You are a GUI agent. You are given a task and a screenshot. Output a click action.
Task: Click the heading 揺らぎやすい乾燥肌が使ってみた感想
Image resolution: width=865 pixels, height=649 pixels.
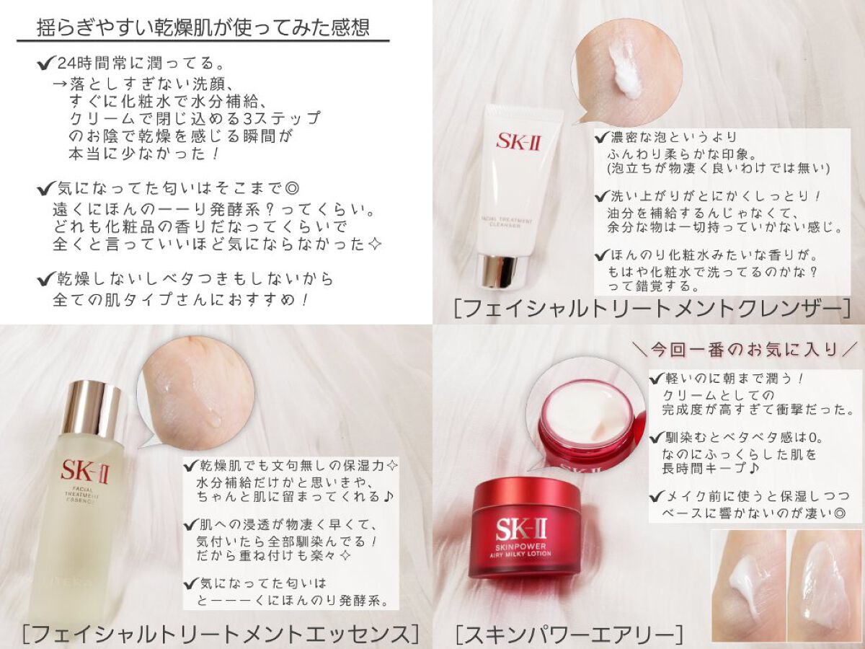pos(204,27)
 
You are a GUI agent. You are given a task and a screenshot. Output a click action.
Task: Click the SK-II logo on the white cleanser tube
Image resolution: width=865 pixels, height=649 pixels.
pos(518,141)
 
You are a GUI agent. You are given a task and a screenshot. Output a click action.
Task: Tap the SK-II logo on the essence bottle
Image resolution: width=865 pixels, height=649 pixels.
pos(85,472)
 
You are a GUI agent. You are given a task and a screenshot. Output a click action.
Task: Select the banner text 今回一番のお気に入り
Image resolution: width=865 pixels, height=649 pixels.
pos(745,350)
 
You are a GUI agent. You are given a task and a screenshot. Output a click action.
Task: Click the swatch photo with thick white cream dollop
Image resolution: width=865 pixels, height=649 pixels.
pos(747,585)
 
